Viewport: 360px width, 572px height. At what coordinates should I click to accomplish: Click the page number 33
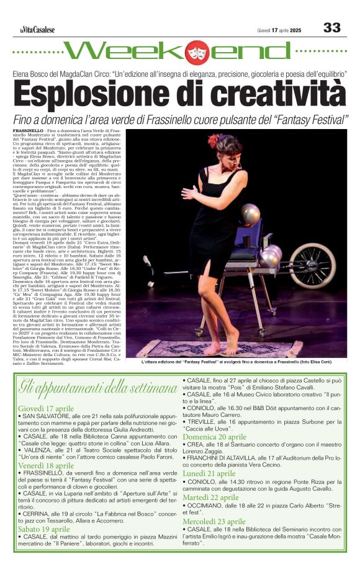[332, 27]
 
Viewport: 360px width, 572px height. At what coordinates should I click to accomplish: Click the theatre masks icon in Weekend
[197, 52]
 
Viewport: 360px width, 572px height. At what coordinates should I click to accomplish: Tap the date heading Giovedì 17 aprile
[46, 408]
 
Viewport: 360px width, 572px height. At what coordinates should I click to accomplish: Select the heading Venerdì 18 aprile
[45, 464]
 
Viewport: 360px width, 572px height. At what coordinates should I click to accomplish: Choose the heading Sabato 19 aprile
[43, 529]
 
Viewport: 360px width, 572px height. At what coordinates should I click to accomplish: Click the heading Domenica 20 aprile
[215, 436]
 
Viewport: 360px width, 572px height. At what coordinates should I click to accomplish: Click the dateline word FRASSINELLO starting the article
[28, 132]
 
